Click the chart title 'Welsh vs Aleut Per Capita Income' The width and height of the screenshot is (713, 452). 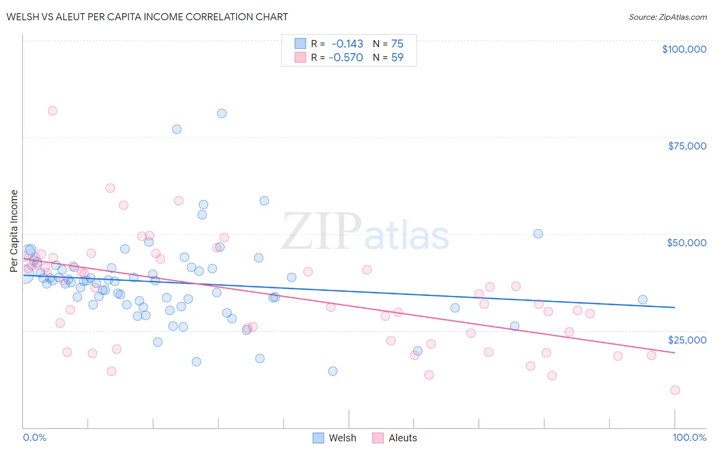point(147,17)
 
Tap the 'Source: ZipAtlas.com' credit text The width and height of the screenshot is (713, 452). point(667,17)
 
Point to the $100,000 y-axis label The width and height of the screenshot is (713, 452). point(684,49)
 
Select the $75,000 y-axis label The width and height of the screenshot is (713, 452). point(687,146)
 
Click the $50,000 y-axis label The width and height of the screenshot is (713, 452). point(687,243)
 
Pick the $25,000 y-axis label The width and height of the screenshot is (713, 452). point(687,340)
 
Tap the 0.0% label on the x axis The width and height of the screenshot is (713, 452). point(34,437)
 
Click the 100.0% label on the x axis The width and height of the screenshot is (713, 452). point(689,437)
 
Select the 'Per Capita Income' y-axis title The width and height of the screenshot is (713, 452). point(14,231)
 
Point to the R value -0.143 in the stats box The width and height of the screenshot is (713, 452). point(347,44)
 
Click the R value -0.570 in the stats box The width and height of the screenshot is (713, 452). point(346,57)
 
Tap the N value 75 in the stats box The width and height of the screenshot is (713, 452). point(397,44)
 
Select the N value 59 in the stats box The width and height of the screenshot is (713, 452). point(397,57)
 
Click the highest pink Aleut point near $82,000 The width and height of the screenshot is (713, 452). point(52,111)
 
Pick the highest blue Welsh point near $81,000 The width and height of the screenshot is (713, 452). point(222,114)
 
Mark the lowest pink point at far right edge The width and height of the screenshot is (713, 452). point(674,390)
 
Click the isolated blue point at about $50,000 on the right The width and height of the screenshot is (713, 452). point(538,234)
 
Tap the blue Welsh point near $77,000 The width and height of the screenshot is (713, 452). point(176,129)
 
